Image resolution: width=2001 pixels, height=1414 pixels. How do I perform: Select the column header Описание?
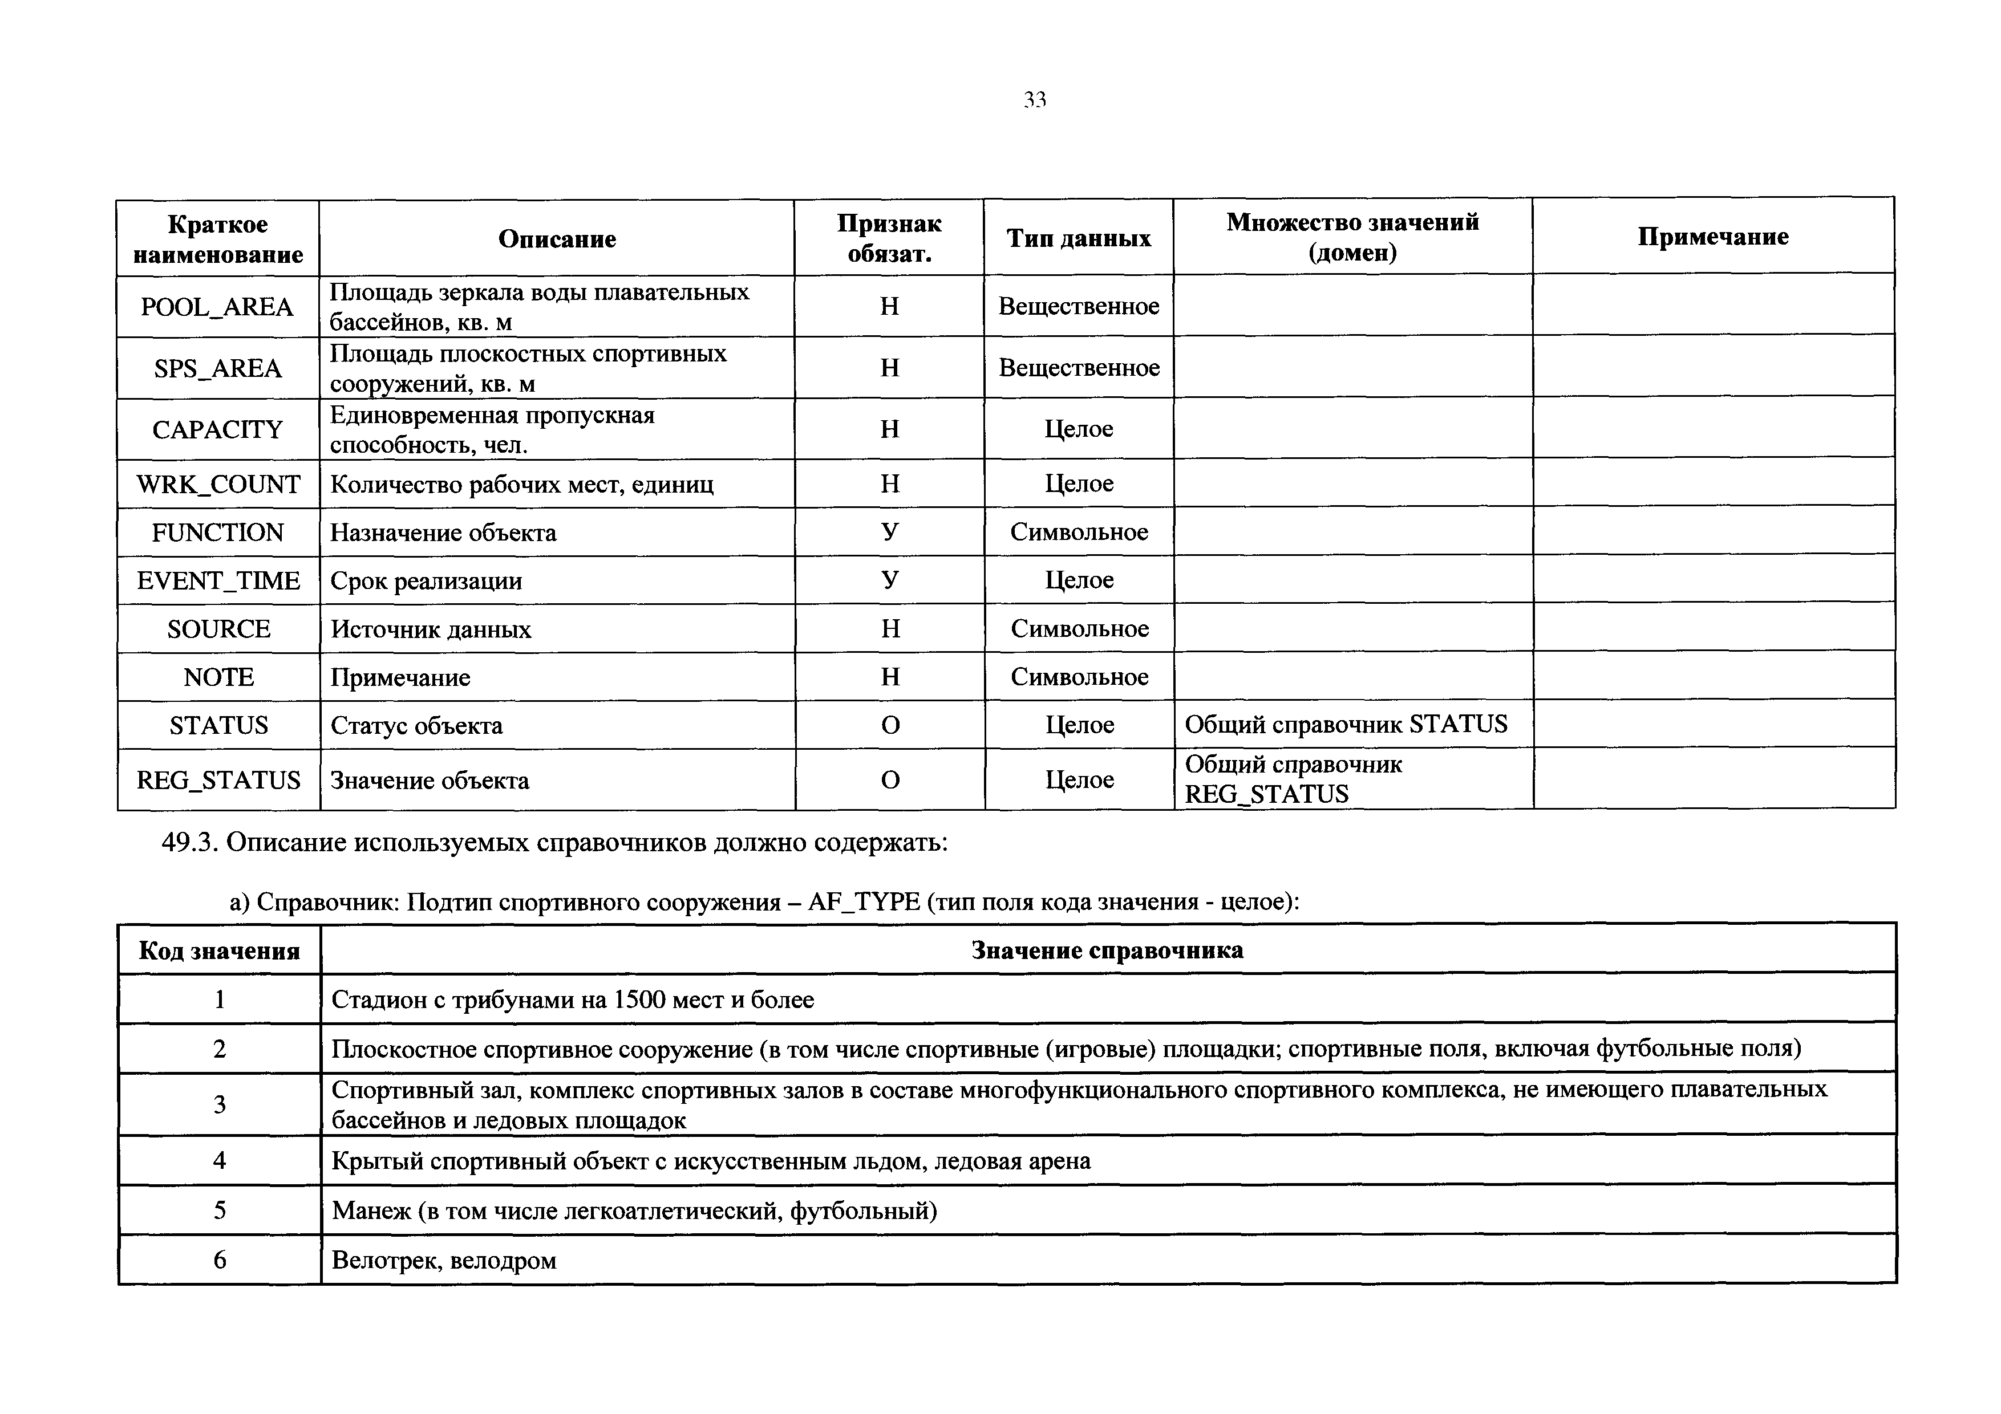click(557, 239)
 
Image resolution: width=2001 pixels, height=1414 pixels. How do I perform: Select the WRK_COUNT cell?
click(218, 485)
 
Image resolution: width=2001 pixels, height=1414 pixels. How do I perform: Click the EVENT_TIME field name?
click(218, 581)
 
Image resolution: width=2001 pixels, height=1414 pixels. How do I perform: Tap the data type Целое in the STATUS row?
click(1079, 725)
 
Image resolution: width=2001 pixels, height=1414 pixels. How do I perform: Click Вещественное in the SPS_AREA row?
click(1079, 368)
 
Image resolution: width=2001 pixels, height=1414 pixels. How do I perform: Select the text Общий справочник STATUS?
click(1346, 724)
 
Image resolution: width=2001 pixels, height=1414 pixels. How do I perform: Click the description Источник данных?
click(431, 629)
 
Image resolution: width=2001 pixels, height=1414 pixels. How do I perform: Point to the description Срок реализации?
click(426, 581)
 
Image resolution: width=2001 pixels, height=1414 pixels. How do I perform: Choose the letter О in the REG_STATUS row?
click(890, 780)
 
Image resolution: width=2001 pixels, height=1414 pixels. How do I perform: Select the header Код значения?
click(218, 950)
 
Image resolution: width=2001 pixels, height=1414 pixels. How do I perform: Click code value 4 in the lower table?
click(220, 1160)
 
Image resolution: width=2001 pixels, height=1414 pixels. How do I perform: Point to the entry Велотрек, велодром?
click(444, 1260)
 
